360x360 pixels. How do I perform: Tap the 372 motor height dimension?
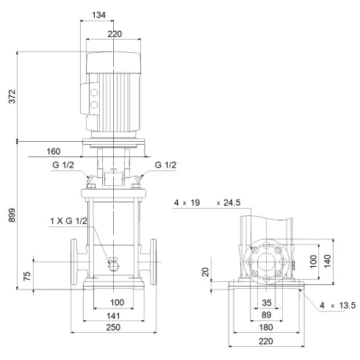(9, 96)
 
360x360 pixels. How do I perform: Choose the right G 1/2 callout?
(166, 165)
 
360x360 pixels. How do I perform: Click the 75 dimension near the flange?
(27, 277)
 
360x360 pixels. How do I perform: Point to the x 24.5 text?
(229, 201)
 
